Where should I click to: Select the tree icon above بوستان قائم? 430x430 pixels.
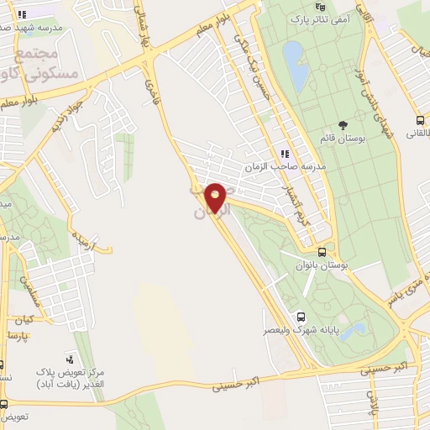pyautogui.click(x=342, y=124)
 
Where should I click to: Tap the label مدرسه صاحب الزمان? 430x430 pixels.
pyautogui.click(x=288, y=167)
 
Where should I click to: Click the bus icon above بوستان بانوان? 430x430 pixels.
pyautogui.click(x=322, y=252)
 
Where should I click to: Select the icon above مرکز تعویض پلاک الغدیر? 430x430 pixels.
pyautogui.click(x=70, y=358)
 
